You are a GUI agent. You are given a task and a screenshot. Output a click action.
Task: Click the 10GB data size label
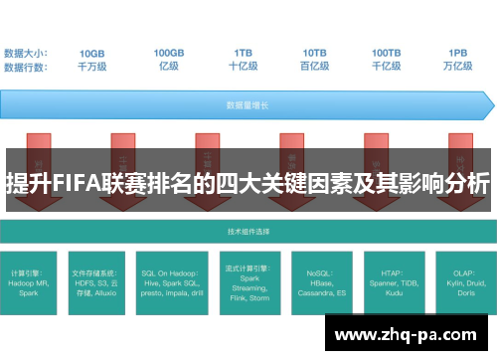pyautogui.click(x=91, y=54)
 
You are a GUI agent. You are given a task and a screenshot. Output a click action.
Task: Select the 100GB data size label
pyautogui.click(x=168, y=54)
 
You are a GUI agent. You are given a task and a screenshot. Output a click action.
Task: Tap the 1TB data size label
pyautogui.click(x=243, y=54)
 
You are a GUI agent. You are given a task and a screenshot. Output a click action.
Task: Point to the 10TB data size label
pyautogui.click(x=315, y=54)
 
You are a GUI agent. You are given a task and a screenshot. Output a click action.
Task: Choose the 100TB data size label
pyautogui.click(x=387, y=54)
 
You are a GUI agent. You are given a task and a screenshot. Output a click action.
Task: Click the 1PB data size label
pyautogui.click(x=458, y=54)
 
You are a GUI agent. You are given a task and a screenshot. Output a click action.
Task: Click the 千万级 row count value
pyautogui.click(x=91, y=67)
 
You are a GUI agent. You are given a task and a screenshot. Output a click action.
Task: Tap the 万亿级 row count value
pyautogui.click(x=458, y=67)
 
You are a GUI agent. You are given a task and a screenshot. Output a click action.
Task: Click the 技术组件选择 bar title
pyautogui.click(x=248, y=231)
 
